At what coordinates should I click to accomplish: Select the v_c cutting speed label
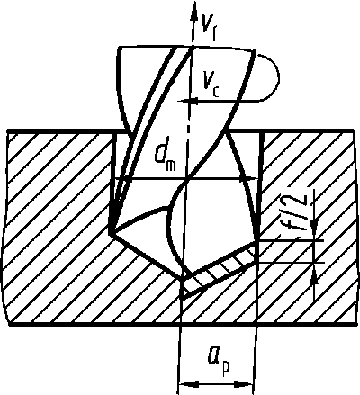coord(211,85)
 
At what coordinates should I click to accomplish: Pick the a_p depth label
coord(219,358)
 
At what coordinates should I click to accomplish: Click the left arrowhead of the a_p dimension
coord(188,384)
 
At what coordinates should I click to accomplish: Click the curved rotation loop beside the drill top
coord(271,78)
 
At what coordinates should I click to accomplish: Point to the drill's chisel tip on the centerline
coord(183,278)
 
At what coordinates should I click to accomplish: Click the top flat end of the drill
coord(186,47)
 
